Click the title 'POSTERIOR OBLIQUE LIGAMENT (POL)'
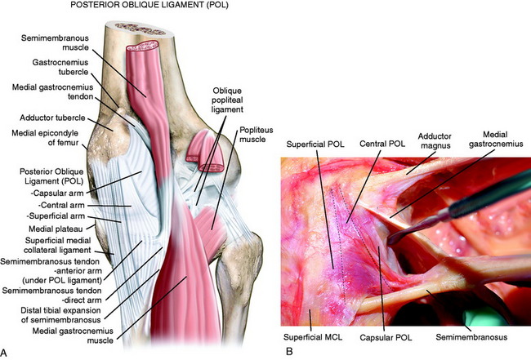pyautogui.click(x=132, y=9)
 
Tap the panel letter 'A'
pyautogui.click(x=7, y=351)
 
